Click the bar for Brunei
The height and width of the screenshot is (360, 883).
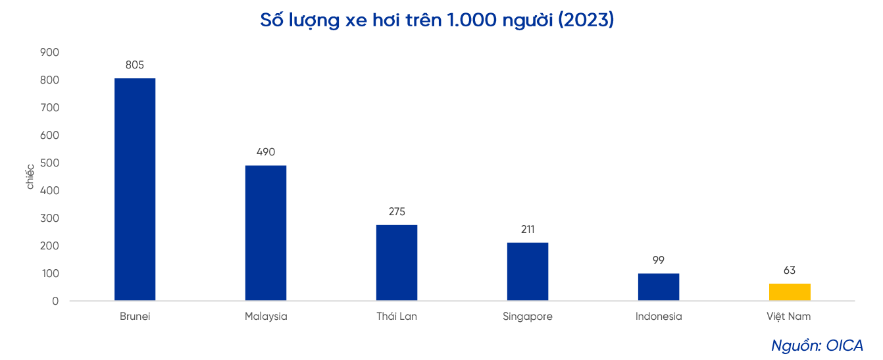[x=135, y=190]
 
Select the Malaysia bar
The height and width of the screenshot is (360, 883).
[x=266, y=233]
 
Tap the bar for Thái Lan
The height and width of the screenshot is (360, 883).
[x=397, y=263]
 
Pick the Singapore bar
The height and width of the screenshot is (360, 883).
[x=527, y=271]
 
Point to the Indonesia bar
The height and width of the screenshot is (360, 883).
[x=658, y=287]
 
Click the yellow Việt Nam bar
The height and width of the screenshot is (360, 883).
[x=789, y=292]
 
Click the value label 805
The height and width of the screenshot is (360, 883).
[x=135, y=64]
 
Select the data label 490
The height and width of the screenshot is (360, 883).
[x=266, y=152]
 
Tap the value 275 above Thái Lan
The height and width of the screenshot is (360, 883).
[x=397, y=211]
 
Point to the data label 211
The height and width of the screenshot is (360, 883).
[x=527, y=229]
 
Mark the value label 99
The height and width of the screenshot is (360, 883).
[x=658, y=260]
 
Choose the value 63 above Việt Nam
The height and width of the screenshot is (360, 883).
[x=789, y=270]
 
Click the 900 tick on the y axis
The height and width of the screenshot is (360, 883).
[x=50, y=52]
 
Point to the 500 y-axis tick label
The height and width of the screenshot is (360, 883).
[x=50, y=163]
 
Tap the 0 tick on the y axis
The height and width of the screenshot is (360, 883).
[x=55, y=301]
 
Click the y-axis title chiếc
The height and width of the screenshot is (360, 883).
[x=30, y=176]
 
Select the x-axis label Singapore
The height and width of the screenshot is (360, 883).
[x=527, y=317]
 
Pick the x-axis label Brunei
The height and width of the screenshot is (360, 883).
[x=135, y=317]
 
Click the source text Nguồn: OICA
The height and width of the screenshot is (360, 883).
[x=817, y=345]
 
